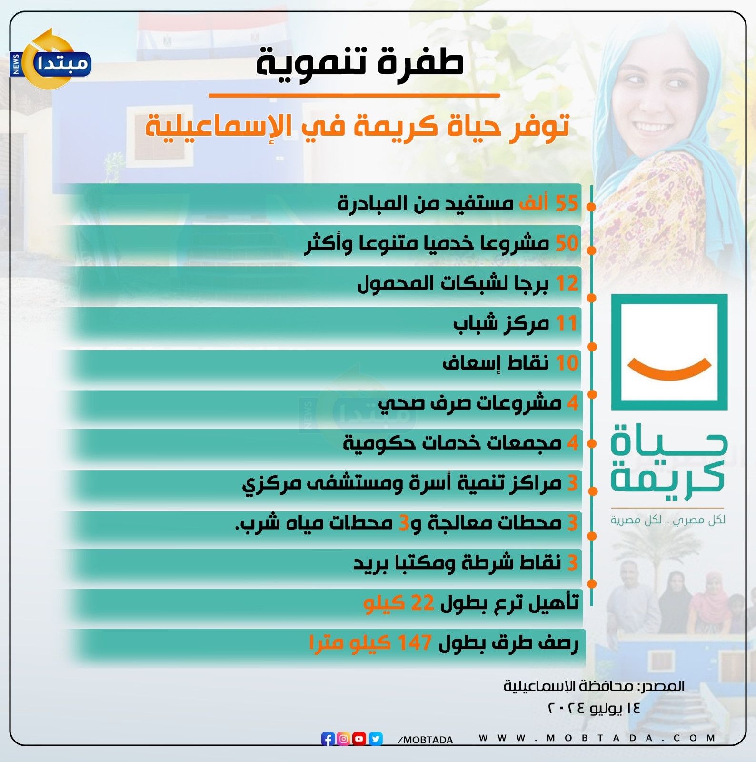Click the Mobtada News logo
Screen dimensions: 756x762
coord(50,60)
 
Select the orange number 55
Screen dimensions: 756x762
coord(567,203)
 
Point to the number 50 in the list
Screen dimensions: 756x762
coord(567,243)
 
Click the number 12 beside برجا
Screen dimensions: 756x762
coord(567,283)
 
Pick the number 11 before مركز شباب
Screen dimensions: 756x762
coord(567,323)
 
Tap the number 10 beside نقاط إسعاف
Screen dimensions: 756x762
coord(567,363)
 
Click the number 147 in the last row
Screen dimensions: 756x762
coord(415,643)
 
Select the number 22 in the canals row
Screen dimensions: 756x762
coord(422,603)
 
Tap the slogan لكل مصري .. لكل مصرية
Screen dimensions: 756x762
coord(668,520)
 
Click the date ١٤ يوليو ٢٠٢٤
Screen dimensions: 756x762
coord(594,708)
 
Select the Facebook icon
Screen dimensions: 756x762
coord(328,739)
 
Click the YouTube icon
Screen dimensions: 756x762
coord(359,739)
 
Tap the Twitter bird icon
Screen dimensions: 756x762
coord(376,739)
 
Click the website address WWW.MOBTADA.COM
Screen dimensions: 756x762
coord(597,738)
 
